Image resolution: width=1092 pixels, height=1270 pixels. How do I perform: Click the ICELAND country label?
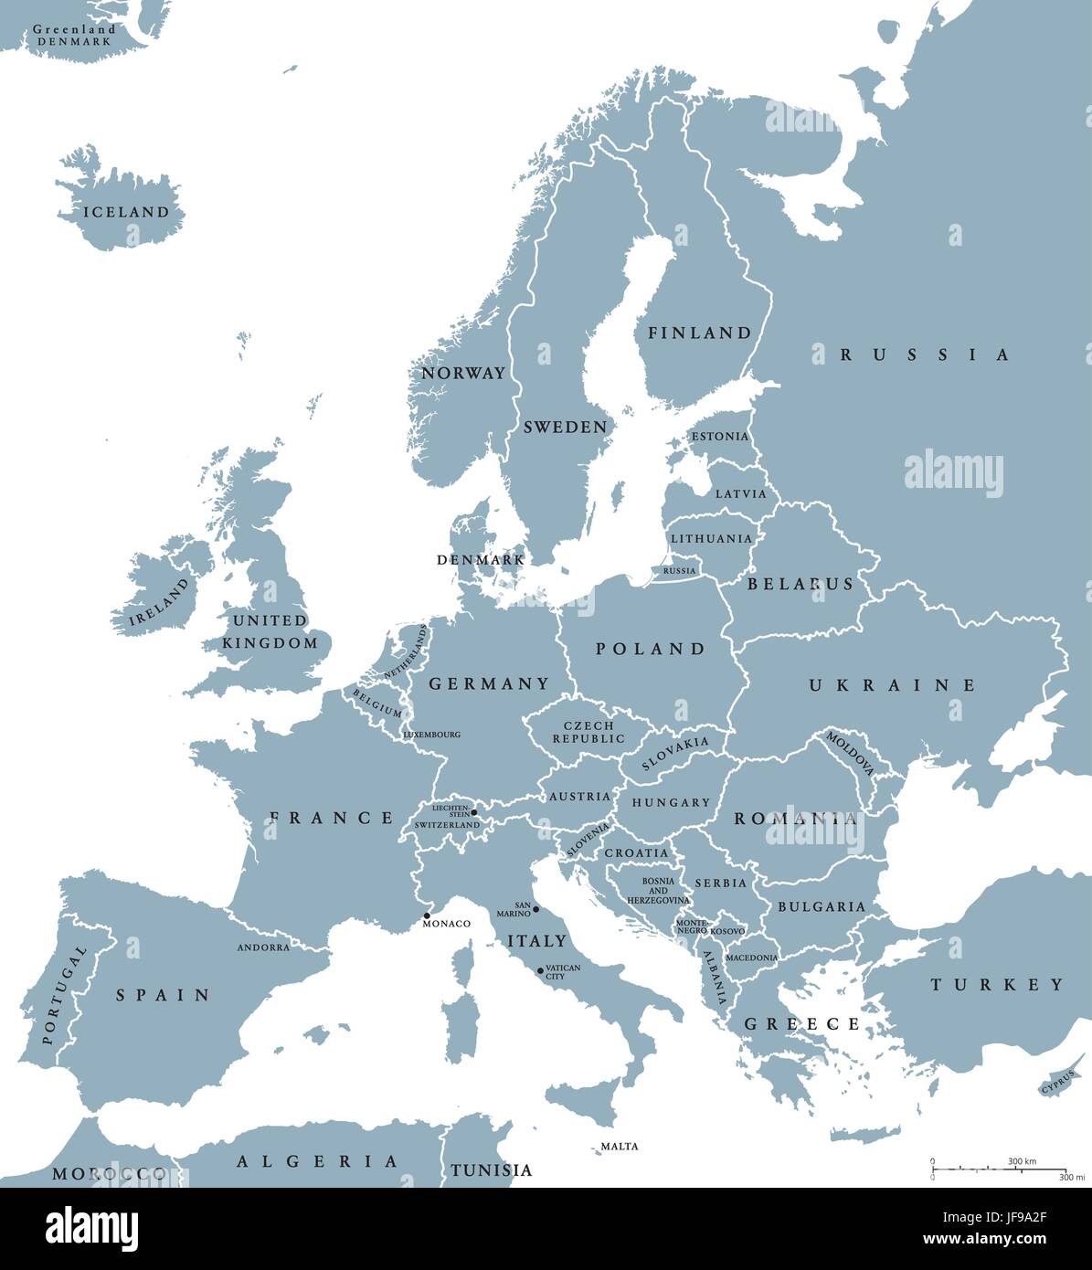click(126, 212)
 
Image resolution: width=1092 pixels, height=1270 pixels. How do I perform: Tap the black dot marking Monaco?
click(427, 915)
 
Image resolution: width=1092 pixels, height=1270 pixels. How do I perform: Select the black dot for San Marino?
click(535, 909)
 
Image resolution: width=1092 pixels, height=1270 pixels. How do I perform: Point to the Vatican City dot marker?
click(540, 970)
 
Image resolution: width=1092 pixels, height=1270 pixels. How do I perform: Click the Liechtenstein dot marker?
click(473, 811)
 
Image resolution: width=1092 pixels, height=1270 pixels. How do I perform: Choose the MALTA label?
click(620, 1146)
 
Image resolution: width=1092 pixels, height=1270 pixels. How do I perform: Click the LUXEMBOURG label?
click(431, 735)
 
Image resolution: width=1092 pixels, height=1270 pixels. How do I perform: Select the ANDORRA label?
click(263, 947)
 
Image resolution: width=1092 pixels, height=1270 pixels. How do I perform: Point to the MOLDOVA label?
click(851, 752)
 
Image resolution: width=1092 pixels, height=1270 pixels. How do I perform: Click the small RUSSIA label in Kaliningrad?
click(679, 571)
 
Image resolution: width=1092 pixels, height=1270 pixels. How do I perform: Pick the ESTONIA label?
click(719, 437)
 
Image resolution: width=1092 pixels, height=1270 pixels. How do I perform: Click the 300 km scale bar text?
click(1022, 1161)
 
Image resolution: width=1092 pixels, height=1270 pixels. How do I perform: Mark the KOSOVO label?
click(727, 930)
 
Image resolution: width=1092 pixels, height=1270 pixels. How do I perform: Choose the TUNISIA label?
click(491, 1170)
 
